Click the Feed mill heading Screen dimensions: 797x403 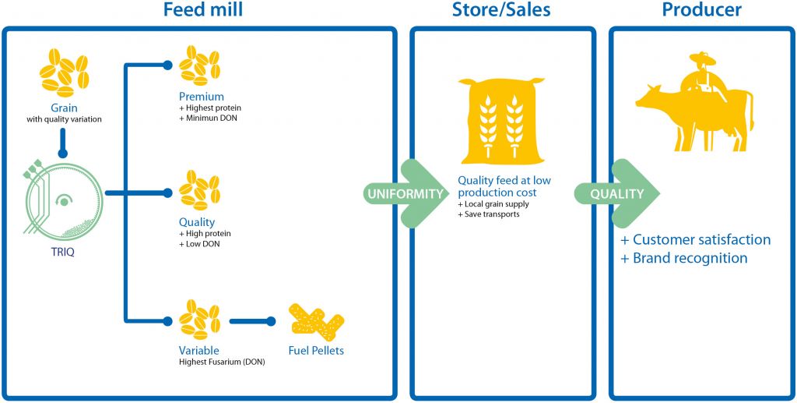pos(202,9)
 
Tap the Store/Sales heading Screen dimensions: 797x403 pos(502,9)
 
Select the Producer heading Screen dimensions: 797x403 pos(701,9)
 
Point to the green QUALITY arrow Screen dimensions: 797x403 pos(616,193)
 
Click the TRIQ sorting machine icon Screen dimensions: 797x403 pos(63,200)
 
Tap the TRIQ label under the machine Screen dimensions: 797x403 pos(62,251)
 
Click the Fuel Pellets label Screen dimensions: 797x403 pos(316,351)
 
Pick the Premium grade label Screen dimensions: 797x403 pos(202,96)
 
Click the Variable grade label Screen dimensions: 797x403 pos(198,351)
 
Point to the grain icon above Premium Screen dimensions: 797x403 pos(199,65)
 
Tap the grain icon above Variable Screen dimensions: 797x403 pos(199,320)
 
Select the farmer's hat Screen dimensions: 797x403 pos(702,58)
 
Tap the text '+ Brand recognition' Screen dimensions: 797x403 pos(684,258)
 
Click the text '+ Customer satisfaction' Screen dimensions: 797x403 pos(696,239)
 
